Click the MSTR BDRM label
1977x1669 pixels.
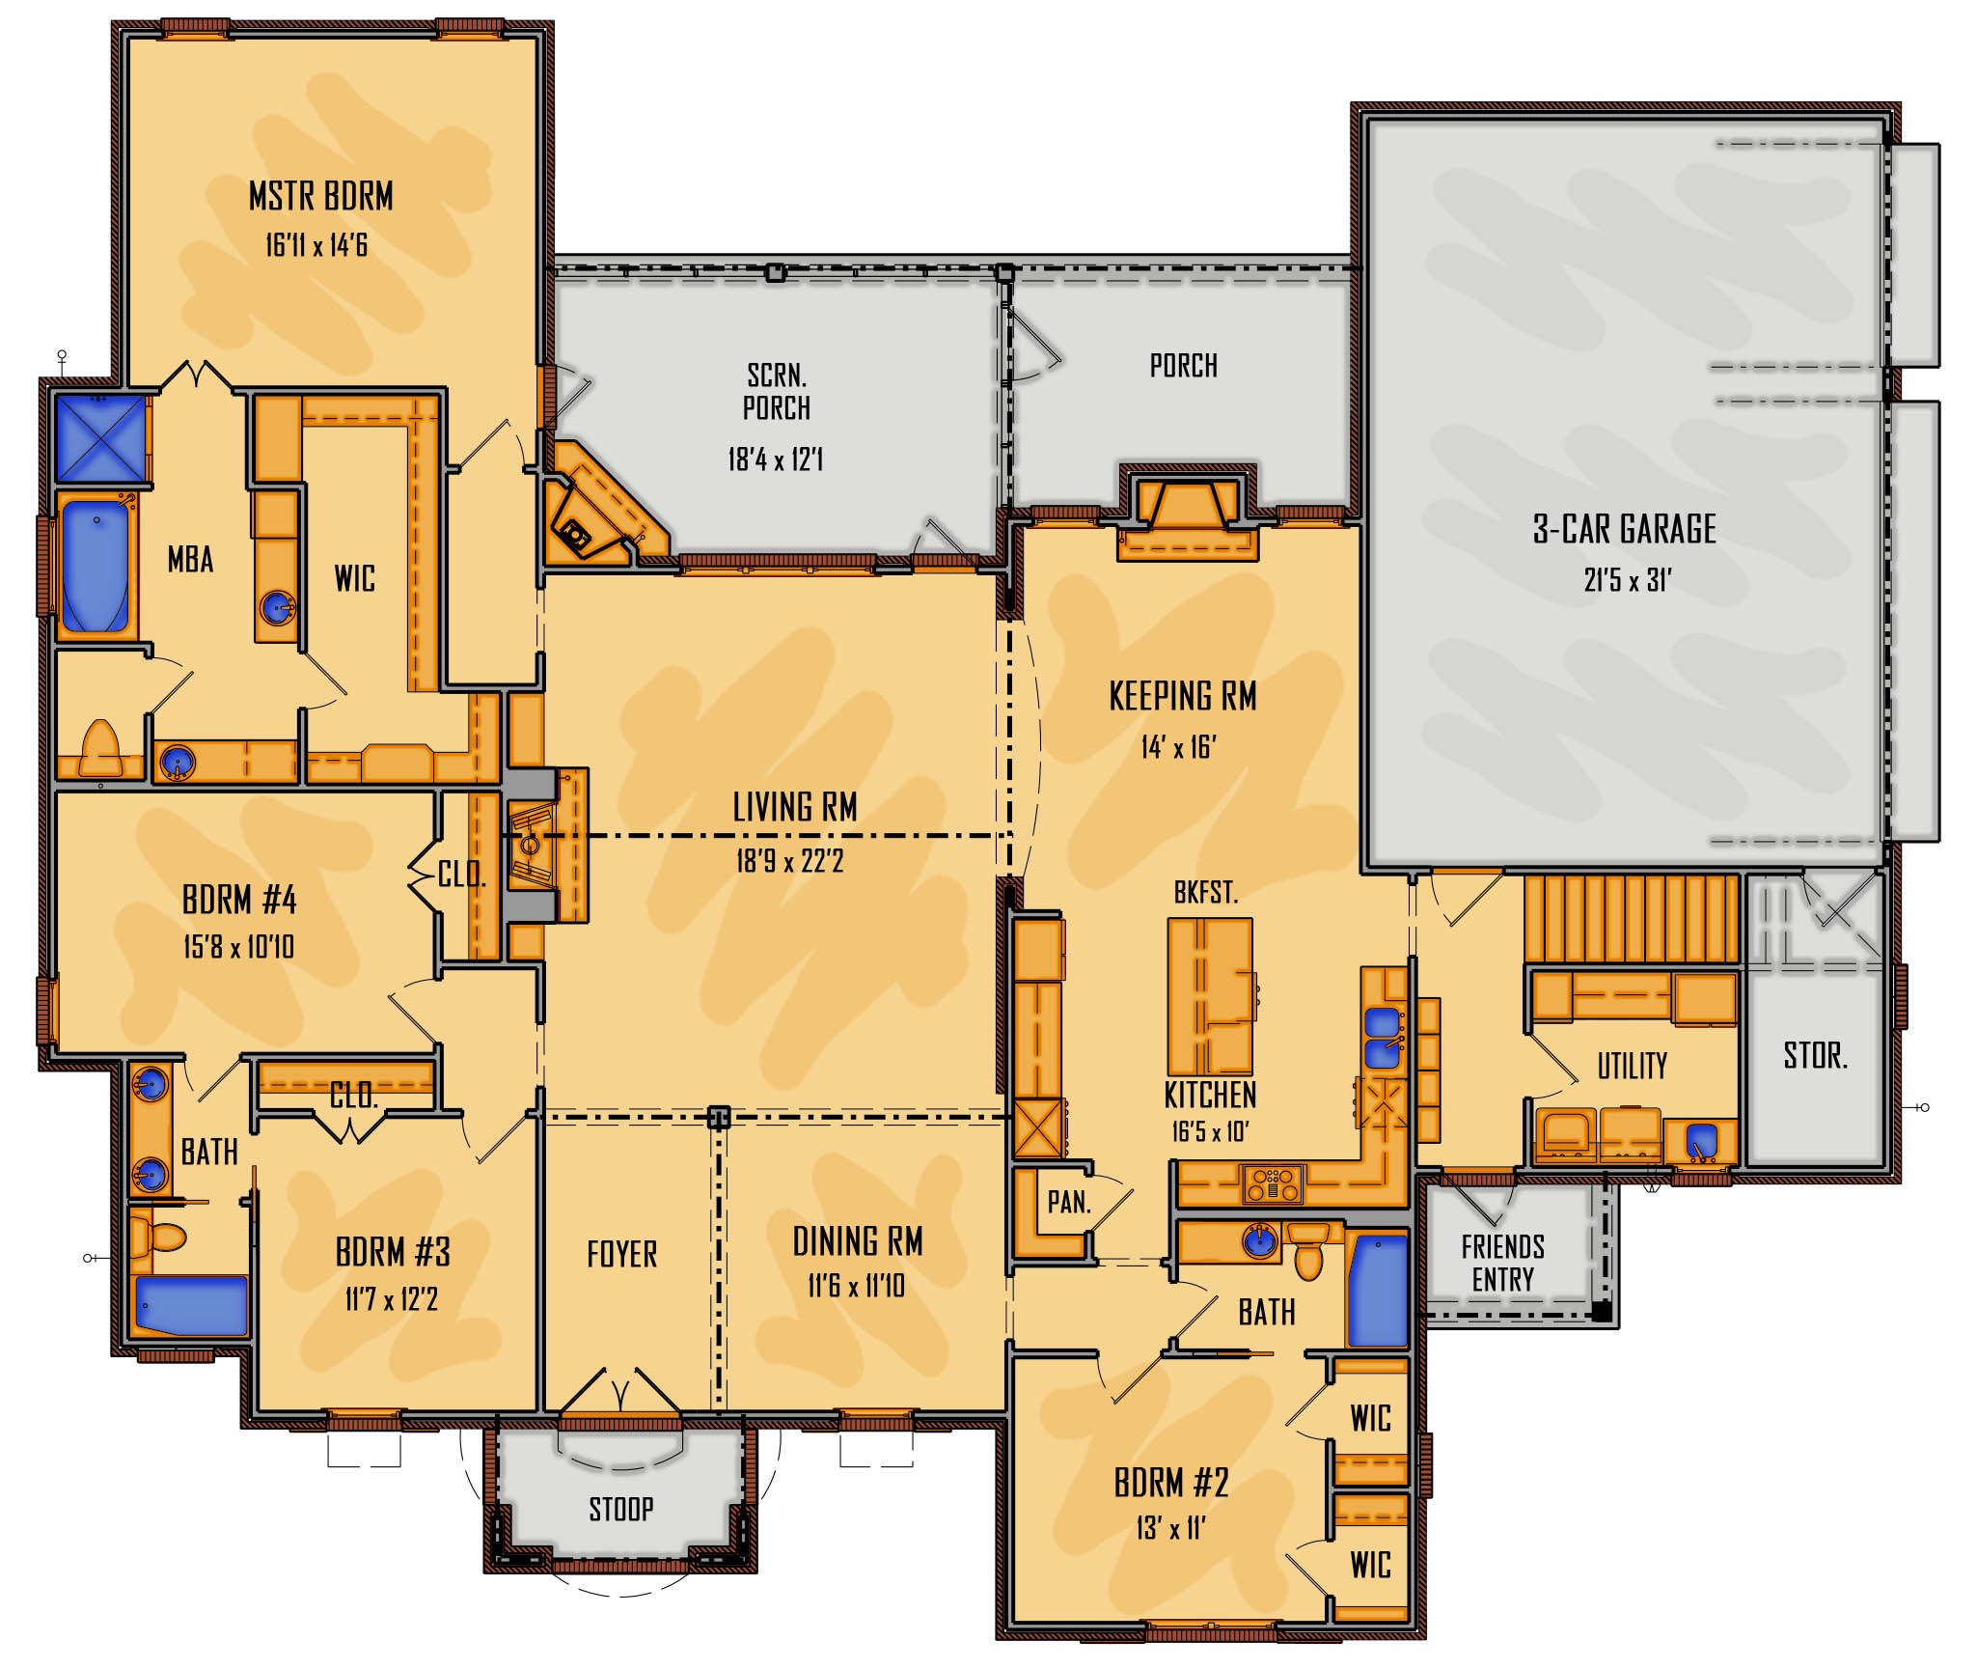(x=321, y=196)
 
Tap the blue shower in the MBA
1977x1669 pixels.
(x=101, y=437)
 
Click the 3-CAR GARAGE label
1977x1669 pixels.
(x=1625, y=529)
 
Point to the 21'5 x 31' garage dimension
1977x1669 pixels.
(x=1627, y=580)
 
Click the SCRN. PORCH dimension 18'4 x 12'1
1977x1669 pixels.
(x=776, y=459)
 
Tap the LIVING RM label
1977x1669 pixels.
(x=795, y=807)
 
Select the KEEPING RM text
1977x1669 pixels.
(x=1183, y=696)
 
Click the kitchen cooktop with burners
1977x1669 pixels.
(x=1273, y=1183)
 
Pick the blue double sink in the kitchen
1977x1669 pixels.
(x=1383, y=1038)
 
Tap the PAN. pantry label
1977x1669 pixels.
(x=1069, y=1202)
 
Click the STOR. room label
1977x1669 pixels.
(x=1815, y=1055)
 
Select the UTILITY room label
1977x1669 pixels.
(x=1632, y=1066)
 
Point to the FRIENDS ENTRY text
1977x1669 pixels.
(x=1502, y=1263)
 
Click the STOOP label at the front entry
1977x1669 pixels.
(x=621, y=1509)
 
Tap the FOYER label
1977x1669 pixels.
(x=622, y=1254)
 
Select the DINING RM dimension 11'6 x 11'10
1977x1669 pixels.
(x=856, y=1286)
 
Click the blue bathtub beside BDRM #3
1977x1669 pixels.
(x=191, y=1305)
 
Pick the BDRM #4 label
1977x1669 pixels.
(x=239, y=900)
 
